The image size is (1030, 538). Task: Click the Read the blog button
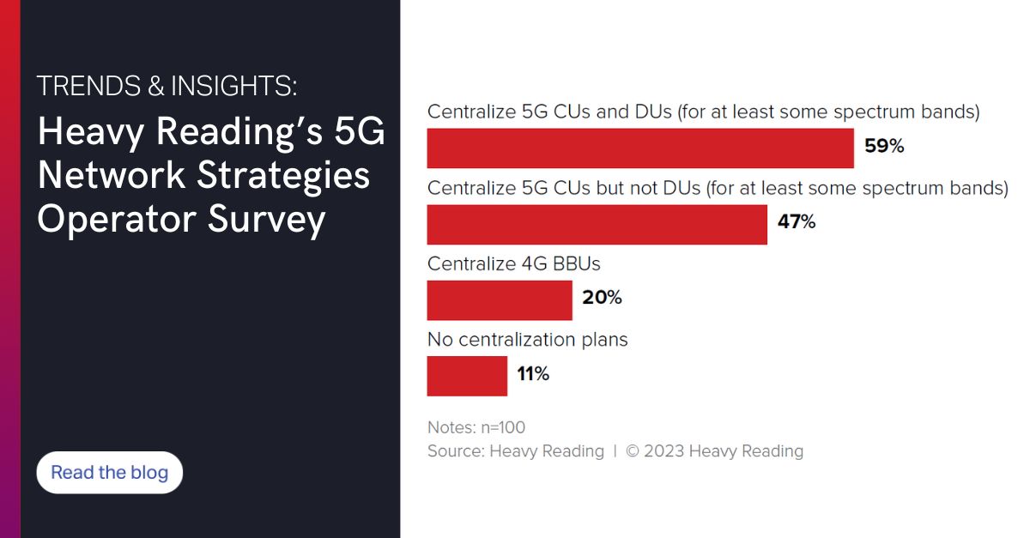(x=110, y=473)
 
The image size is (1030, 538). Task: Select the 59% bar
(x=640, y=148)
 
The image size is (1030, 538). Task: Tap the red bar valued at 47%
(x=597, y=224)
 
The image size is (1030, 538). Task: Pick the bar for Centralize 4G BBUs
(x=500, y=300)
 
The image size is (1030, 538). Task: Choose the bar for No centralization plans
(x=467, y=376)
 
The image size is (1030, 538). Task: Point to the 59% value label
(x=884, y=147)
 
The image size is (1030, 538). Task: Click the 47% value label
(x=796, y=223)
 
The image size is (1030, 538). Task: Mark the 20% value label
(x=602, y=299)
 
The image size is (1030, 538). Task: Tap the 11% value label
(x=532, y=374)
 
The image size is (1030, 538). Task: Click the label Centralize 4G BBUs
(x=514, y=263)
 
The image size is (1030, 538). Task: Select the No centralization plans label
(x=528, y=340)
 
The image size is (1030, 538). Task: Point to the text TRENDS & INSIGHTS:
(x=167, y=86)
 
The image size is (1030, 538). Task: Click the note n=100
(x=501, y=427)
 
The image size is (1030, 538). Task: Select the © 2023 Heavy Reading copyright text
(x=715, y=451)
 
